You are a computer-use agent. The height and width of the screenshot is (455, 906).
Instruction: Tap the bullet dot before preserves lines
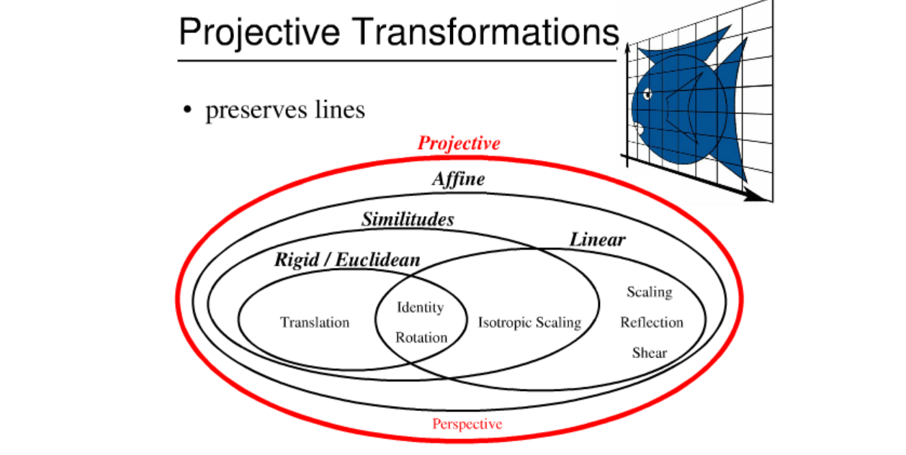click(187, 111)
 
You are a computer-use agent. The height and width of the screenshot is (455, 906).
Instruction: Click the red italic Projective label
click(459, 143)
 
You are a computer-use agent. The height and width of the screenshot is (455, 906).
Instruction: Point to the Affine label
click(458, 179)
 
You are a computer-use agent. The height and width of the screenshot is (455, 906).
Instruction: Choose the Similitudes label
click(408, 219)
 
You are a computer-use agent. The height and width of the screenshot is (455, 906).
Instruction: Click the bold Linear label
click(598, 239)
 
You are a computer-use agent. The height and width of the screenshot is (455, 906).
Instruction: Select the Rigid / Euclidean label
click(346, 260)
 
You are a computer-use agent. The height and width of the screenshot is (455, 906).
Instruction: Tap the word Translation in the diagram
click(315, 323)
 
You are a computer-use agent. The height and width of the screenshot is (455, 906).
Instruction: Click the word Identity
click(421, 307)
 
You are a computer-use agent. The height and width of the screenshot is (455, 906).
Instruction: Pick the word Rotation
click(421, 337)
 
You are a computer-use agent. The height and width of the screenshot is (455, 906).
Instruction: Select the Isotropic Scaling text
click(529, 323)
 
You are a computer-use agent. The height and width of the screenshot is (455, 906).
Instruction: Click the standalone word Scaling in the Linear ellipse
click(649, 292)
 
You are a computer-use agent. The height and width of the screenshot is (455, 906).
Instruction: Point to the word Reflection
click(652, 323)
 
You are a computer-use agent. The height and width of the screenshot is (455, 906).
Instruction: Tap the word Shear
click(650, 353)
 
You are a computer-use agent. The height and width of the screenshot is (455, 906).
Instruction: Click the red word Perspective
click(467, 424)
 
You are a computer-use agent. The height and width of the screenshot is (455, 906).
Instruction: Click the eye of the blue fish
click(648, 94)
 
